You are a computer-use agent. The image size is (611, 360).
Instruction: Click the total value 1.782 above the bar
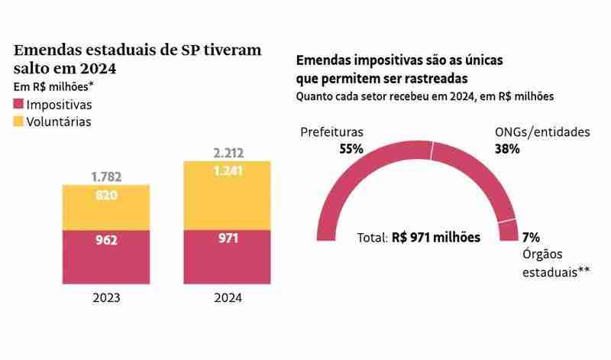point(106,177)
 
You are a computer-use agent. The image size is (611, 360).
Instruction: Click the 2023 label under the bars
point(106,298)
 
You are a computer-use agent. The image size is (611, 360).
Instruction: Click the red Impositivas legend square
point(19,104)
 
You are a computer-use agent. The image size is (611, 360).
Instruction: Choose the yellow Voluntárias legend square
point(19,121)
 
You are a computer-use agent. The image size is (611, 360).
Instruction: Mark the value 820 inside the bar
point(106,195)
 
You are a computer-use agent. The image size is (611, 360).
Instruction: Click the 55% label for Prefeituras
point(351,149)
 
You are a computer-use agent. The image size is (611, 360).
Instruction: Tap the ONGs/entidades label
point(542,132)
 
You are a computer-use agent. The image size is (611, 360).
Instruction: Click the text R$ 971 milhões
point(436,238)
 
